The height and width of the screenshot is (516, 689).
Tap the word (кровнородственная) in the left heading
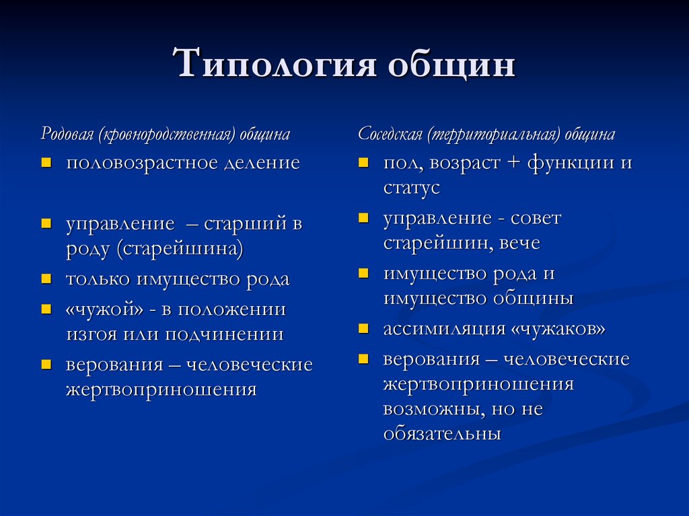[x=167, y=135]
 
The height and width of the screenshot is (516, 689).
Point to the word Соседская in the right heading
[x=389, y=135]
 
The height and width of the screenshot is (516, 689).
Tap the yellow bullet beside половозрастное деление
[x=46, y=163]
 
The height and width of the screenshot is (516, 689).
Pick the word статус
[x=411, y=188]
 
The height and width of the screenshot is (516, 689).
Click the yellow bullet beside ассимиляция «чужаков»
[x=363, y=329]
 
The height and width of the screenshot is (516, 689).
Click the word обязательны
[x=442, y=434]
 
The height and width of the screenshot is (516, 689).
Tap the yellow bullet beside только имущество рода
[x=46, y=279]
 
